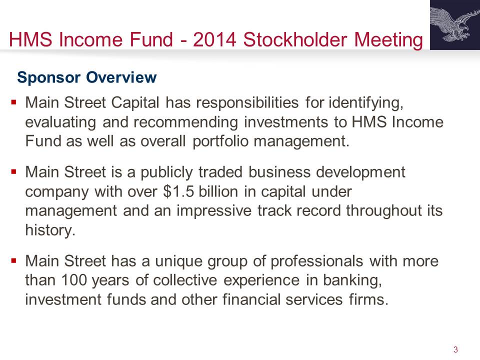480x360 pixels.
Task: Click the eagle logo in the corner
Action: coord(455,25)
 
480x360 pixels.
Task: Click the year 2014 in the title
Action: coord(214,39)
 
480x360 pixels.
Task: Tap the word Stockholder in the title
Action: coord(295,39)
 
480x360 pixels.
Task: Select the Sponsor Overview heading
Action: coord(87,77)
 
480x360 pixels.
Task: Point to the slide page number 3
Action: coord(455,349)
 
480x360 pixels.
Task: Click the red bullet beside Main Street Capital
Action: coord(13,101)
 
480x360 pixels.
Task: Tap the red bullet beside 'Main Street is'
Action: coord(13,171)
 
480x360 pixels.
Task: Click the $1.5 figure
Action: coord(178,191)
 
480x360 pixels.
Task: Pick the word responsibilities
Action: coord(247,102)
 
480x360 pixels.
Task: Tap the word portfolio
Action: coord(220,141)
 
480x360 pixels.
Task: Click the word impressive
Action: coord(213,211)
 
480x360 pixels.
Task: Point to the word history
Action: coord(50,230)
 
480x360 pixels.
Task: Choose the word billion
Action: coord(218,191)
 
